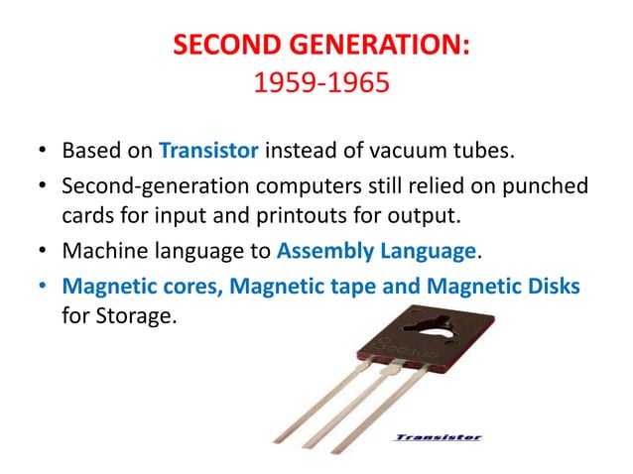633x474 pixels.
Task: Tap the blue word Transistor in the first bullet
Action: pyautogui.click(x=209, y=151)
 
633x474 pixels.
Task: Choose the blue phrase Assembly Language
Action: pyautogui.click(x=377, y=251)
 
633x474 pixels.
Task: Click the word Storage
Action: pyautogui.click(x=138, y=318)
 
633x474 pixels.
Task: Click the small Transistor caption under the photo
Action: pyautogui.click(x=438, y=436)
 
